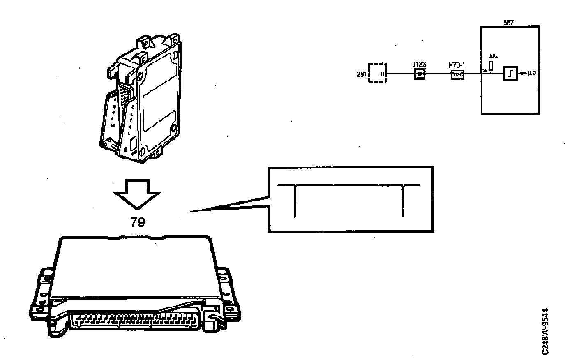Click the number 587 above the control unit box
[x=508, y=23]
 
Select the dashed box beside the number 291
[x=377, y=73]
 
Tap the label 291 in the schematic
[x=362, y=75]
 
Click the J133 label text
[x=420, y=65]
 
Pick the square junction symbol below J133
[x=419, y=74]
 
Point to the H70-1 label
[x=457, y=65]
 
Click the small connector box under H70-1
[x=457, y=75]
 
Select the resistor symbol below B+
[x=491, y=66]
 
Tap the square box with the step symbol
[x=510, y=74]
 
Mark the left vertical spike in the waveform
[x=295, y=201]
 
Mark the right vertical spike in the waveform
[x=403, y=201]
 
